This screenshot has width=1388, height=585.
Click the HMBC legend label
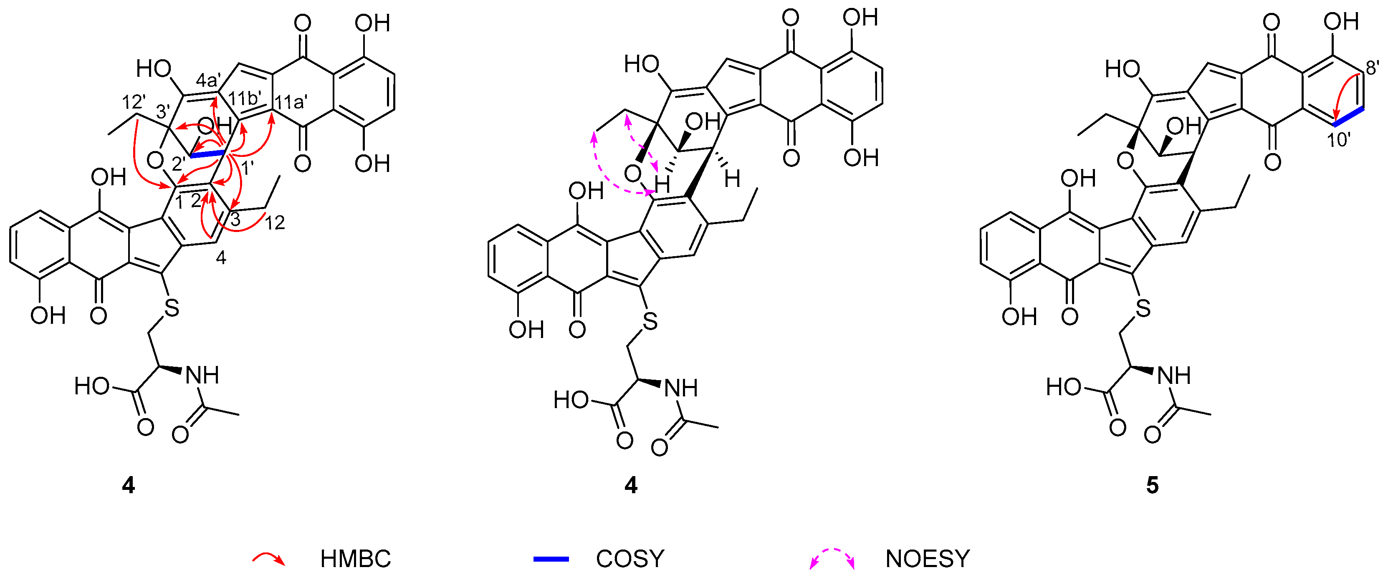(x=355, y=559)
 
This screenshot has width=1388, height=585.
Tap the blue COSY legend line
(x=550, y=559)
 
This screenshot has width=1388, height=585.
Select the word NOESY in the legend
(x=927, y=559)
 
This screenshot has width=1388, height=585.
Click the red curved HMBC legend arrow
(x=269, y=559)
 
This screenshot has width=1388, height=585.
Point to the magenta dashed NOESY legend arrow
(x=832, y=557)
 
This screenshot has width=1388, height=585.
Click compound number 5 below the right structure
(x=1152, y=485)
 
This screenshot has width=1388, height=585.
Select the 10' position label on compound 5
(x=1338, y=141)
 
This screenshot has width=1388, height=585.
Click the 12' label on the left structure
(x=134, y=102)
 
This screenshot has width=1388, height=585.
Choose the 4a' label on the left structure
(x=209, y=81)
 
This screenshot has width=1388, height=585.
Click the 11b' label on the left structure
(x=245, y=98)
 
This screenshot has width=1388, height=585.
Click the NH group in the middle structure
(x=681, y=388)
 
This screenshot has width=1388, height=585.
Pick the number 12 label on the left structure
(x=275, y=222)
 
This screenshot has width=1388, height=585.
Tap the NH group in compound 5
(x=1174, y=376)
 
